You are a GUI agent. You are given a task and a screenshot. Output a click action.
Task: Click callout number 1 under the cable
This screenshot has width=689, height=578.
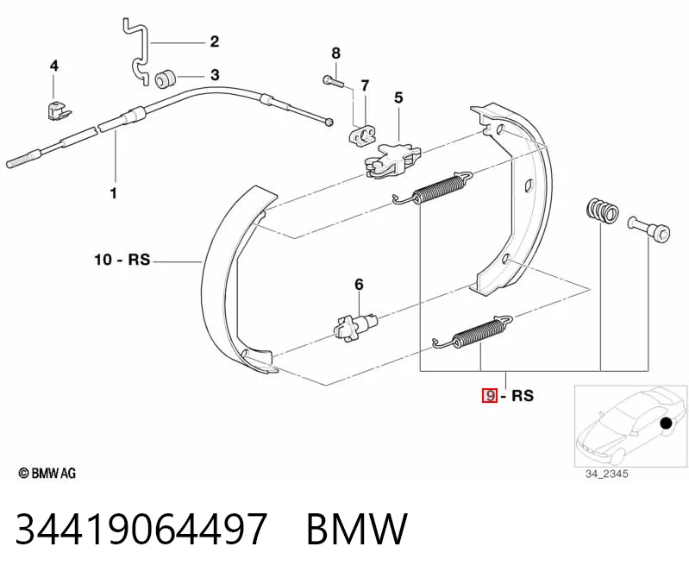click(x=113, y=193)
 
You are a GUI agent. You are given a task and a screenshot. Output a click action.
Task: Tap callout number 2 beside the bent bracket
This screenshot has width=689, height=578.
click(x=214, y=41)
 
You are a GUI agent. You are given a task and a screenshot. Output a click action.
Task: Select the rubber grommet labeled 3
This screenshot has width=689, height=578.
click(x=166, y=78)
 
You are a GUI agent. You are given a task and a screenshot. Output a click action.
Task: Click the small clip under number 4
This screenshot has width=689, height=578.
click(x=58, y=110)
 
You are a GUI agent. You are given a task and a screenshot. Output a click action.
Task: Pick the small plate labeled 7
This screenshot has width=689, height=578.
click(x=363, y=134)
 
